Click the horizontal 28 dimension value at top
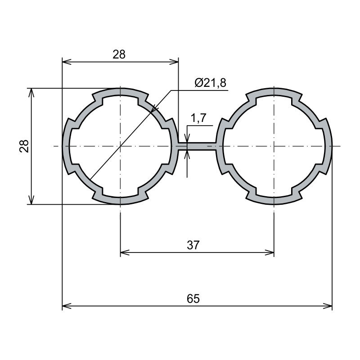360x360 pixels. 119,54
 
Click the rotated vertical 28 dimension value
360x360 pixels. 24,146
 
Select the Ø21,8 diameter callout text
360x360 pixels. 210,83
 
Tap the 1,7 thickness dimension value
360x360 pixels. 198,118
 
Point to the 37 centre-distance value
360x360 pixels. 193,245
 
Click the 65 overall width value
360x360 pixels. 193,299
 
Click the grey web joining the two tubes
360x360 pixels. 197,146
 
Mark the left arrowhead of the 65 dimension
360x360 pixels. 67,306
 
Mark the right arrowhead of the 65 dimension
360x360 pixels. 328,306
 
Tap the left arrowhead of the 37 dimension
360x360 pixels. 125,252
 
